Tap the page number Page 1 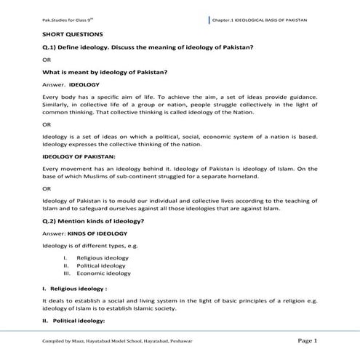click(307, 340)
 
